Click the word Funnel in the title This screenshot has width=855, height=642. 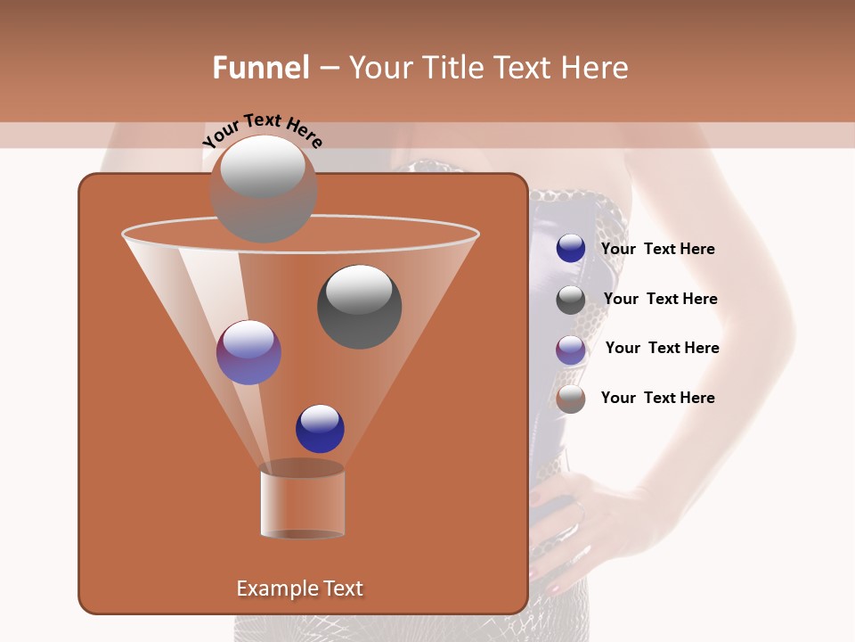(260, 68)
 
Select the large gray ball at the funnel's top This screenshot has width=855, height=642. (264, 189)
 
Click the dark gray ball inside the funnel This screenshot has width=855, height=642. (359, 307)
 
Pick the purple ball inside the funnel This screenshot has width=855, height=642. (248, 352)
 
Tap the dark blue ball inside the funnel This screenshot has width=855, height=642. (320, 429)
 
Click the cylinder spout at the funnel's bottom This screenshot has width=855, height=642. (302, 501)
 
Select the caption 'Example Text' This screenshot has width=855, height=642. (299, 588)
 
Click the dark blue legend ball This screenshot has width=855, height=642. (571, 249)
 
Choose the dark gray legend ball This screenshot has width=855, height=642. (571, 300)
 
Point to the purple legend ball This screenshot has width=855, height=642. (571, 350)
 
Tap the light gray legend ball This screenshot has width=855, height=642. (571, 399)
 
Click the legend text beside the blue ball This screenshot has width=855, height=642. (657, 250)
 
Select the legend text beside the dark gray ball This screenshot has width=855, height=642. (660, 300)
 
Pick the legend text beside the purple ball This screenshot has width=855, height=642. (662, 349)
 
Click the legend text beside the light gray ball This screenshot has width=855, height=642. (657, 399)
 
